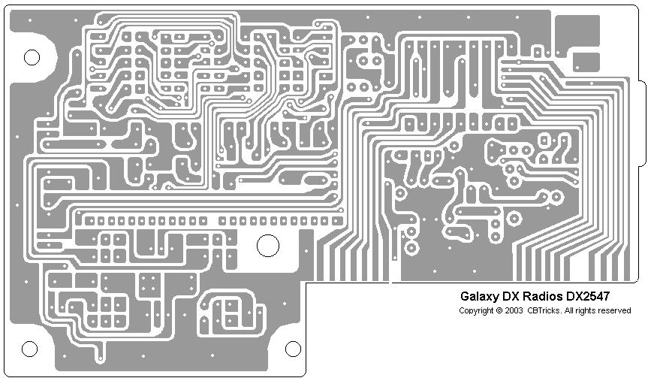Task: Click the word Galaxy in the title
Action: [478, 295]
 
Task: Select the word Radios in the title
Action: [542, 295]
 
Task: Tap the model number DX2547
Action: [593, 295]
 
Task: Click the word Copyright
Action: [475, 310]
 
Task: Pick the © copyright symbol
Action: [499, 310]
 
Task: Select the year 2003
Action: [513, 310]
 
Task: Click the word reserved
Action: [615, 310]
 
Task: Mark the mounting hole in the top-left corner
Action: [32, 57]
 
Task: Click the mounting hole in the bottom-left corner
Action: [29, 349]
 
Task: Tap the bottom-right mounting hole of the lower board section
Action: [293, 349]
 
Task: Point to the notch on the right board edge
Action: [641, 123]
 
